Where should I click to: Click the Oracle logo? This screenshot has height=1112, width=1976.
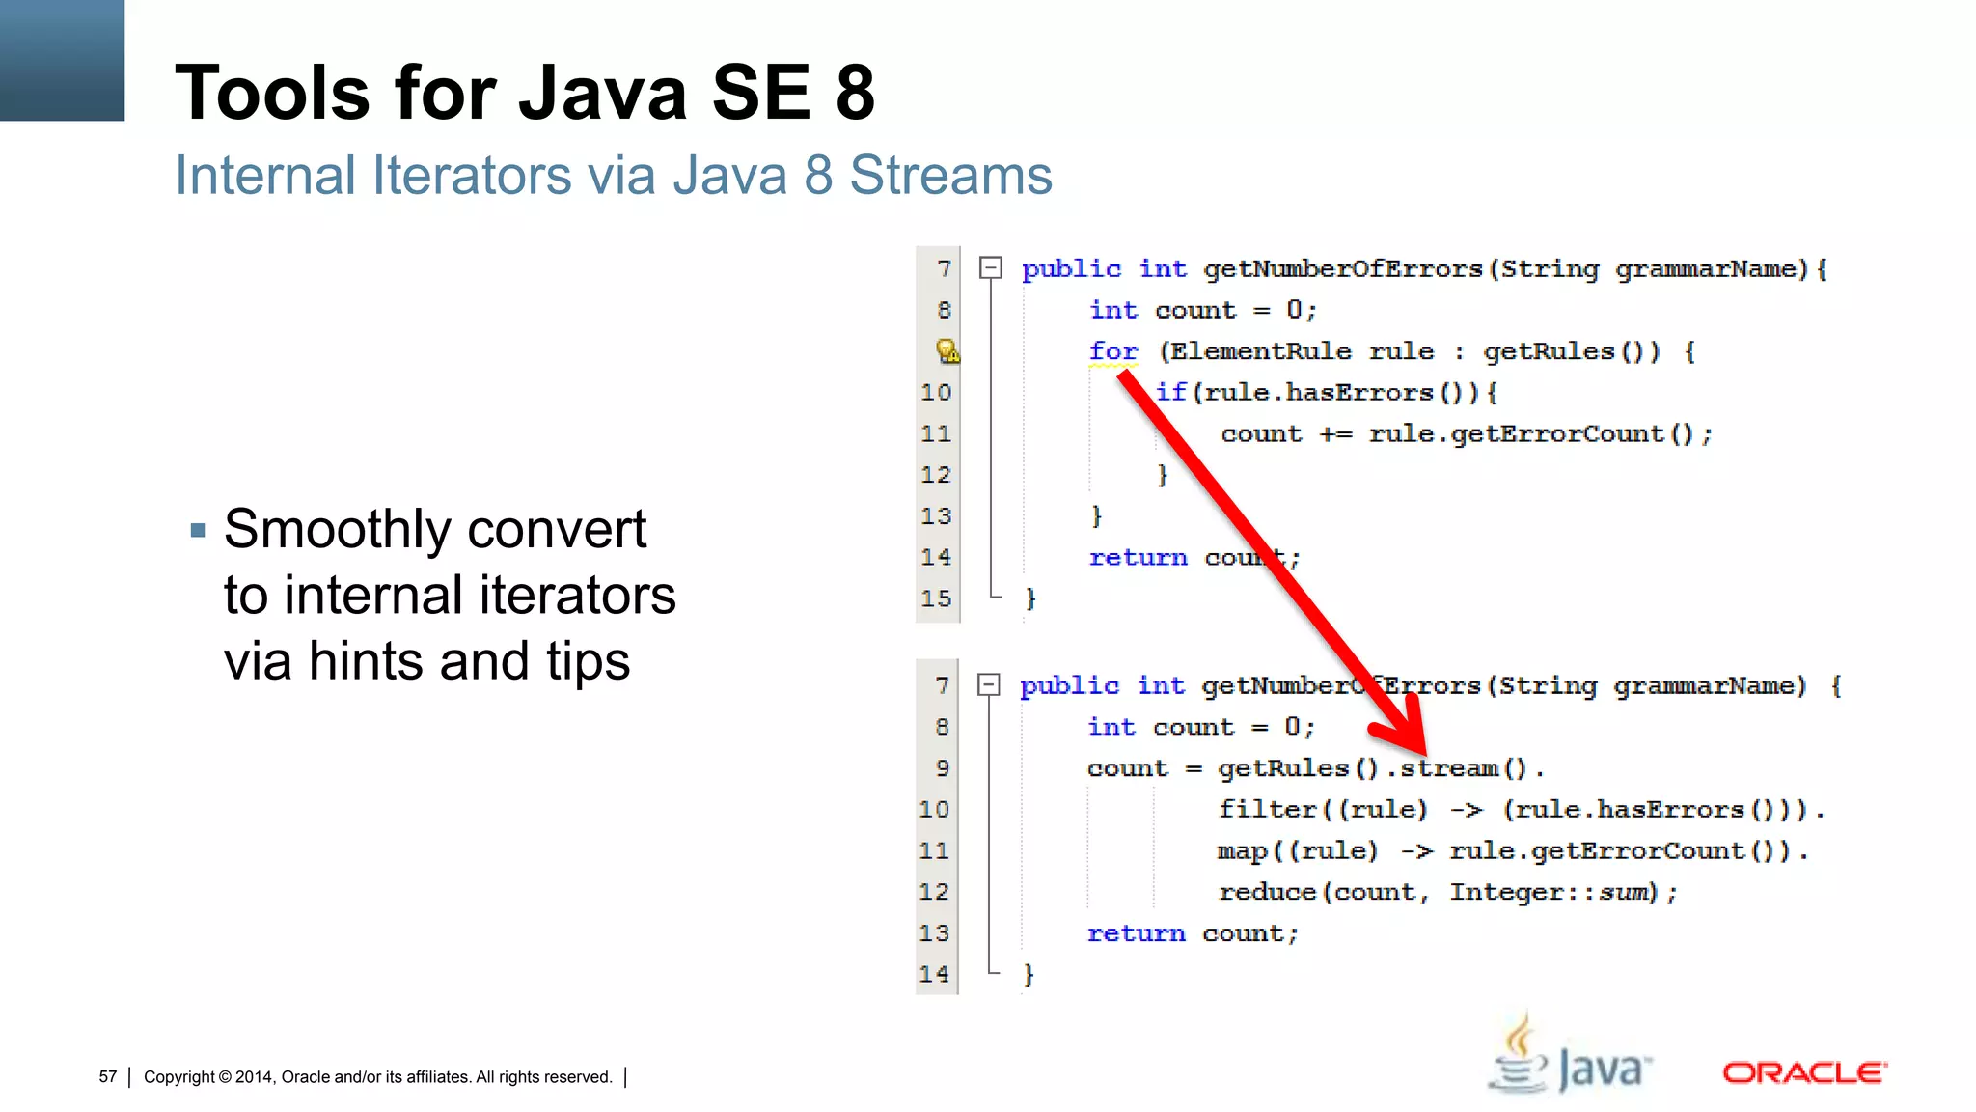click(1804, 1072)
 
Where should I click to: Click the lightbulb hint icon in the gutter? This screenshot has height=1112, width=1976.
click(947, 350)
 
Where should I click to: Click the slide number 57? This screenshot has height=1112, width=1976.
click(107, 1077)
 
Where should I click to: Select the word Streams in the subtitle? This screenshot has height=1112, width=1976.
click(950, 176)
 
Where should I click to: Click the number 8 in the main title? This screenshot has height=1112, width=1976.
click(855, 93)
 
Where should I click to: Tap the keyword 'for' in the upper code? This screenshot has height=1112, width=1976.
click(1112, 351)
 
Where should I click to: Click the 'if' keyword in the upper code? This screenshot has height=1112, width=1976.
click(1170, 393)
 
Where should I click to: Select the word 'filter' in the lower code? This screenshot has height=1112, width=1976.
click(1267, 809)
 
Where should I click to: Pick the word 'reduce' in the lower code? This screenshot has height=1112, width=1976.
click(1267, 892)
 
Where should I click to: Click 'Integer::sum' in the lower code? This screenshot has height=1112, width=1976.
click(1552, 892)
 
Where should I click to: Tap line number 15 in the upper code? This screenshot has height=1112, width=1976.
click(935, 598)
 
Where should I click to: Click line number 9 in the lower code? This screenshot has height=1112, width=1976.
click(942, 768)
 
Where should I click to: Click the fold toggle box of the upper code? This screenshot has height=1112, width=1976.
click(990, 267)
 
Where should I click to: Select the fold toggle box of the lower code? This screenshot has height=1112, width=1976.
click(988, 684)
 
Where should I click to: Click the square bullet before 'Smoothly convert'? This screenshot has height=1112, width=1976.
click(199, 530)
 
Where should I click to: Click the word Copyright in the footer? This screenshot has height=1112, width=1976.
click(179, 1077)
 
